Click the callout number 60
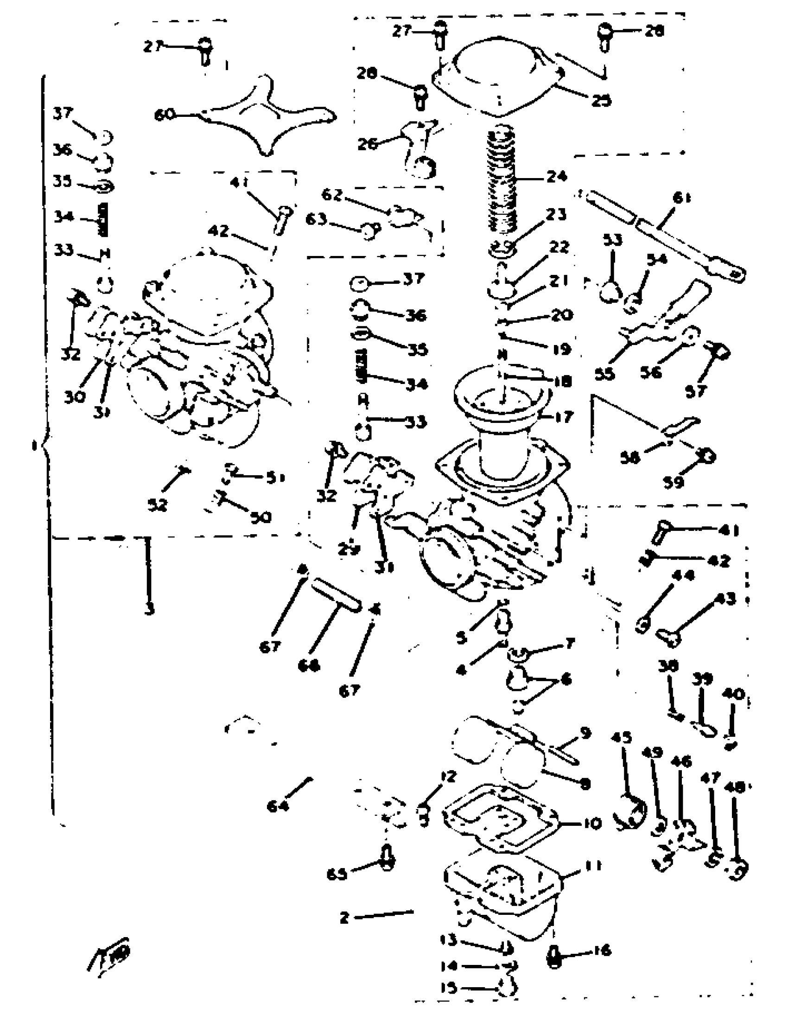point(165,115)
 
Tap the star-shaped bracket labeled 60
point(260,116)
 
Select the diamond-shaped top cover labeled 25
point(497,77)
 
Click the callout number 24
point(557,177)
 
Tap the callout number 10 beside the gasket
point(591,823)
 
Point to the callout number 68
point(309,665)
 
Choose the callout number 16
point(602,950)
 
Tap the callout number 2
point(344,918)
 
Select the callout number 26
point(367,144)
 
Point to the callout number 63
point(317,219)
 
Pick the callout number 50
point(261,517)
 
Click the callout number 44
point(683,575)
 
